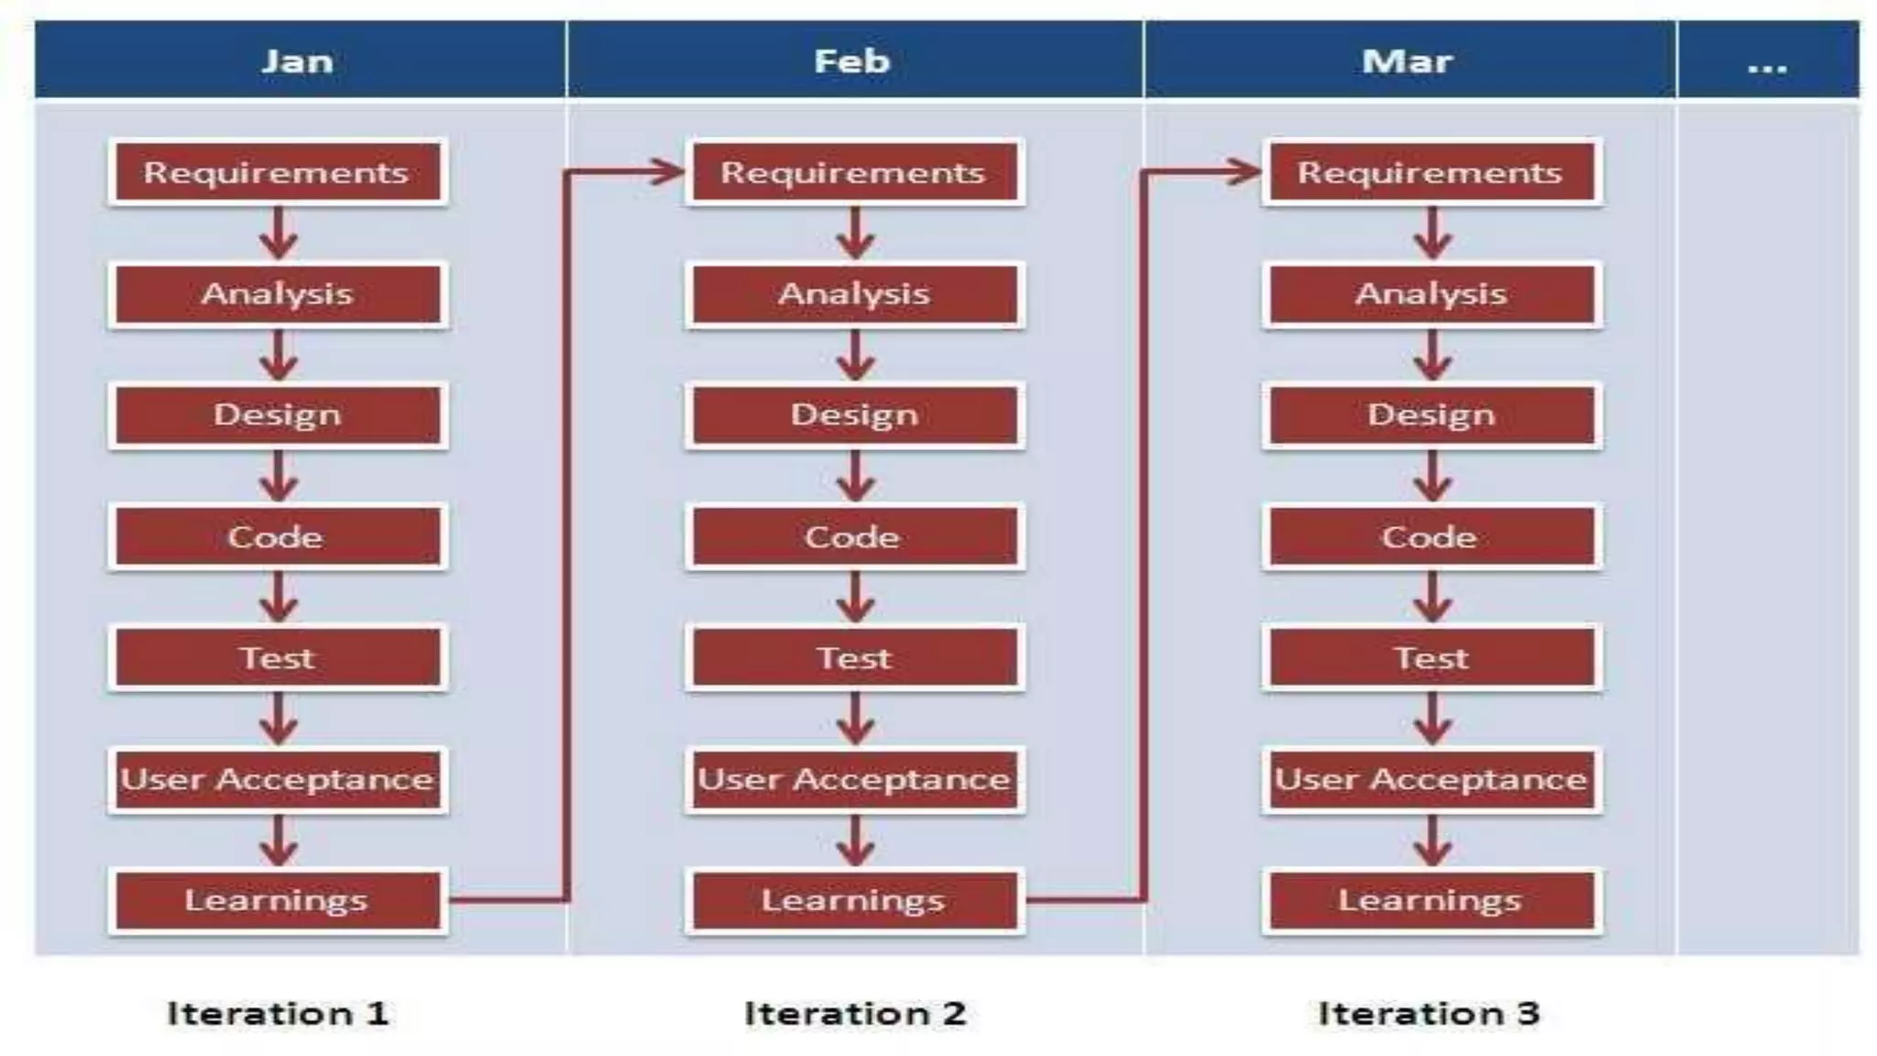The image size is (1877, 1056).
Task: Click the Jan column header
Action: click(x=299, y=60)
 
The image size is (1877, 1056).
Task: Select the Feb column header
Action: click(x=852, y=60)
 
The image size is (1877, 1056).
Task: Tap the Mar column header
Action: click(x=1408, y=60)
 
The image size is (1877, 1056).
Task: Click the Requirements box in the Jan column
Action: click(x=278, y=172)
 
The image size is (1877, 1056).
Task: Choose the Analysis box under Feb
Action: click(x=854, y=294)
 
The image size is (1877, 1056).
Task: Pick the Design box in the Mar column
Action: click(x=1432, y=415)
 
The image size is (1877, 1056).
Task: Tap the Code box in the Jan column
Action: click(x=278, y=536)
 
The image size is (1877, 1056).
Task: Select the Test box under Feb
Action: click(x=854, y=658)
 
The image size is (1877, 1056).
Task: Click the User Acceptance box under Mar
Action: click(x=1432, y=779)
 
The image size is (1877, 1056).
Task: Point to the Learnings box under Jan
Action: click(x=278, y=900)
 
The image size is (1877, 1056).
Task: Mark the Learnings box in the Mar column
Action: click(x=1432, y=900)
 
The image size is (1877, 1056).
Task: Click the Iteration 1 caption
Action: click(x=278, y=1013)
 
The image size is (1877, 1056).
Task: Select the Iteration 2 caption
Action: click(x=855, y=1013)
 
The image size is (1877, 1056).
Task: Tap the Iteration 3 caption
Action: click(x=1429, y=1013)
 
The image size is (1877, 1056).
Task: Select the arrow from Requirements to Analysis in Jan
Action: click(x=279, y=235)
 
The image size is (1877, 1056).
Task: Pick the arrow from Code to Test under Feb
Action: click(x=855, y=599)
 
